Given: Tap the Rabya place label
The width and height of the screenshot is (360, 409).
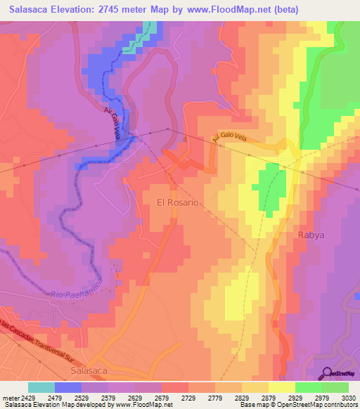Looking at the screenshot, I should (x=311, y=235).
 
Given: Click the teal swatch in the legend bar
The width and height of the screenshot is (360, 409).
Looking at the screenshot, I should (x=41, y=387).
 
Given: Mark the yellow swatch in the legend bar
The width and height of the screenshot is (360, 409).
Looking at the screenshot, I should (x=281, y=387).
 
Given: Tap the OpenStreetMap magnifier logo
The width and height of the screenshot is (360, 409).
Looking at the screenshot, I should (x=326, y=374).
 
